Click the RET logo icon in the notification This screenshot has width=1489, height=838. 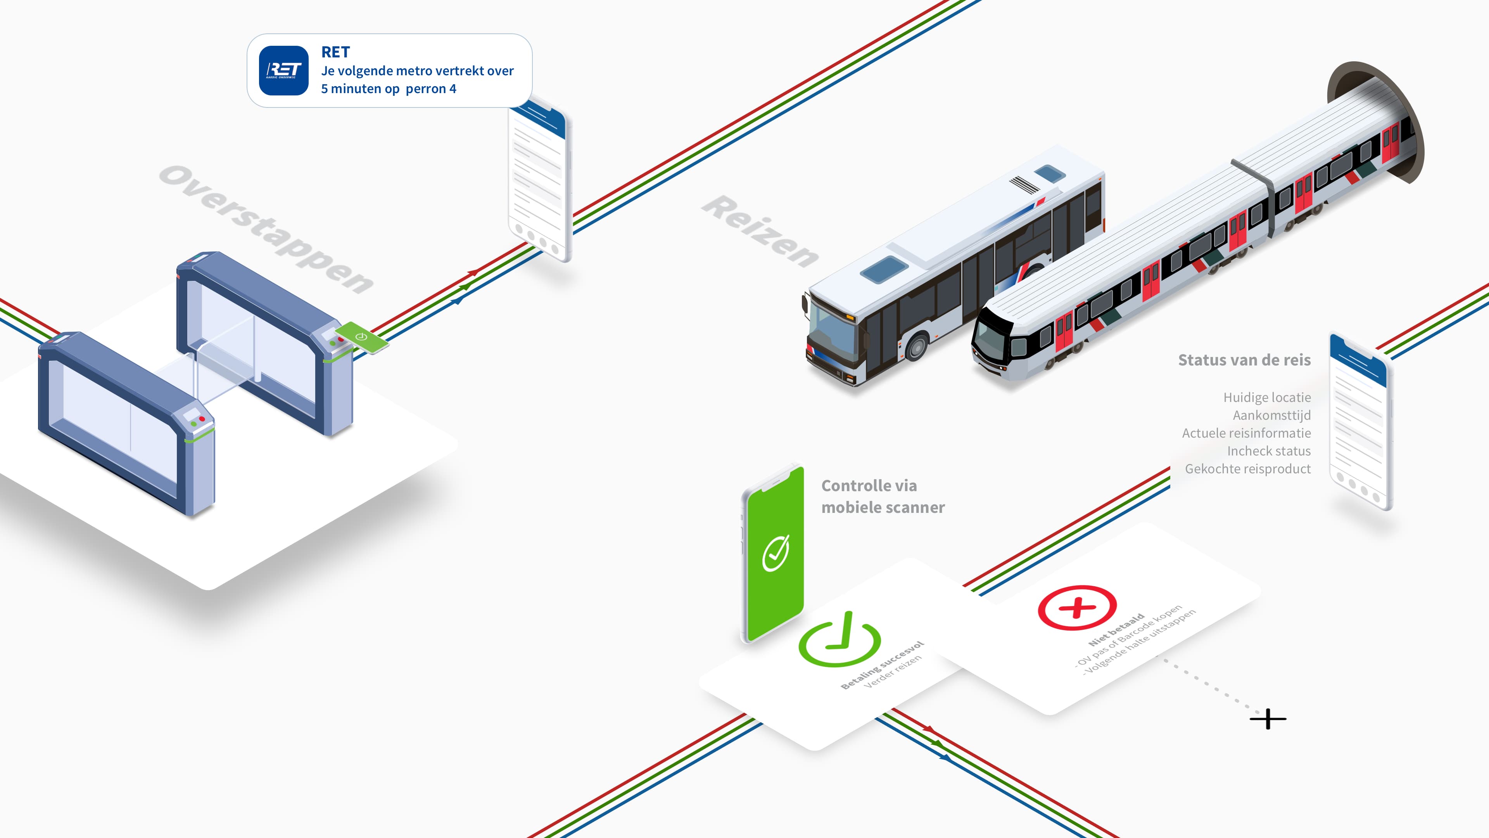pyautogui.click(x=283, y=71)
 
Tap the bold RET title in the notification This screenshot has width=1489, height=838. pyautogui.click(x=335, y=52)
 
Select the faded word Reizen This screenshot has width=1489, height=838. pyautogui.click(x=760, y=231)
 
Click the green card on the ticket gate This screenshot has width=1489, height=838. pyautogui.click(x=362, y=337)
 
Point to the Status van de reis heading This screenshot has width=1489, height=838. pyautogui.click(x=1244, y=360)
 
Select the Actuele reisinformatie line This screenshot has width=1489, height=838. pyautogui.click(x=1246, y=433)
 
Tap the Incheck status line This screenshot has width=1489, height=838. pyautogui.click(x=1268, y=451)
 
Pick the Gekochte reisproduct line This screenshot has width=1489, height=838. pyautogui.click(x=1247, y=469)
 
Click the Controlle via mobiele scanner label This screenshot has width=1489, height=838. pyautogui.click(x=883, y=496)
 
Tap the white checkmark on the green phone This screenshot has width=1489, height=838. pyautogui.click(x=775, y=553)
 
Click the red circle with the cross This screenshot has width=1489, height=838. pyautogui.click(x=1077, y=607)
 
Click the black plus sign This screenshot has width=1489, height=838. pyautogui.click(x=1268, y=719)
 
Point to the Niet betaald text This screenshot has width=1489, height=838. pyautogui.click(x=1116, y=630)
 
